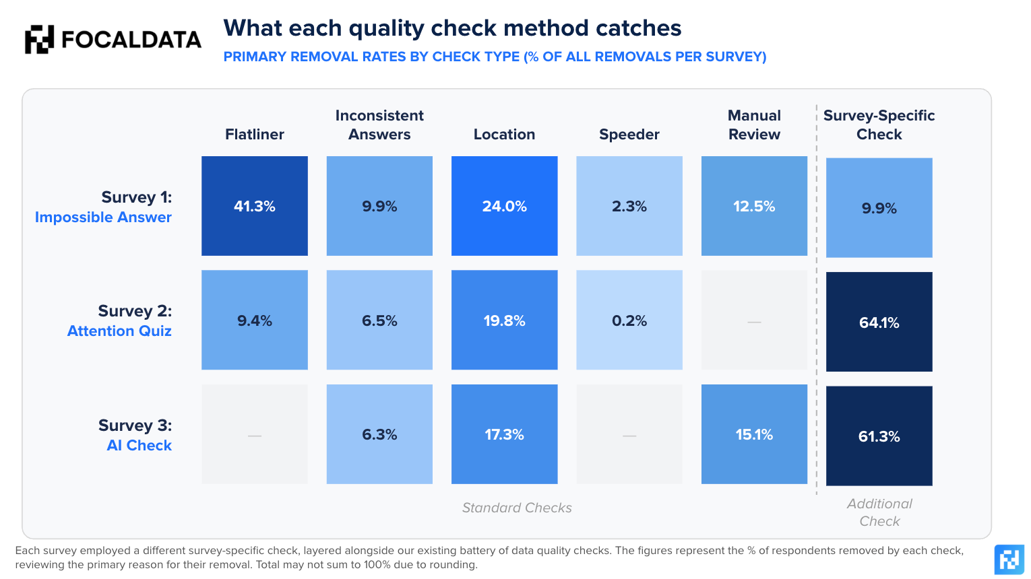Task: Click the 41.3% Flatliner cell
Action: [x=255, y=205]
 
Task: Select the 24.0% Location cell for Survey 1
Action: [x=505, y=205]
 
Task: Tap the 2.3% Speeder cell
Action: [x=629, y=205]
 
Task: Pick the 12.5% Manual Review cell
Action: [x=754, y=205]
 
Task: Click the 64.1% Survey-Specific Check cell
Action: [x=879, y=322]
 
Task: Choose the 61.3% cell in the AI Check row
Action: [x=879, y=436]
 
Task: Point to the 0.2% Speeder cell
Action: [x=629, y=320]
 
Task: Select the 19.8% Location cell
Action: [x=505, y=320]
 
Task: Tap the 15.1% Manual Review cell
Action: [x=754, y=434]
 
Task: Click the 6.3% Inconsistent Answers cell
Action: [x=379, y=434]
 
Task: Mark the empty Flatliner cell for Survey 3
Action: [x=255, y=434]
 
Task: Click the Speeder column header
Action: [x=629, y=134]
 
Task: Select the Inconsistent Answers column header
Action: [x=379, y=125]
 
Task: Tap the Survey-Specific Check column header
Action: [x=879, y=125]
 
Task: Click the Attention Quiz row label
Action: [x=119, y=331]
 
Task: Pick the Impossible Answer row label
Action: [x=103, y=217]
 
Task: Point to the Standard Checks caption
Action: [x=517, y=508]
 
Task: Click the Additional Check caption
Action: [x=879, y=512]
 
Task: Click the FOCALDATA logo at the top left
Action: [x=113, y=40]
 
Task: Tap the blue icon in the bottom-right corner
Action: [x=1009, y=559]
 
